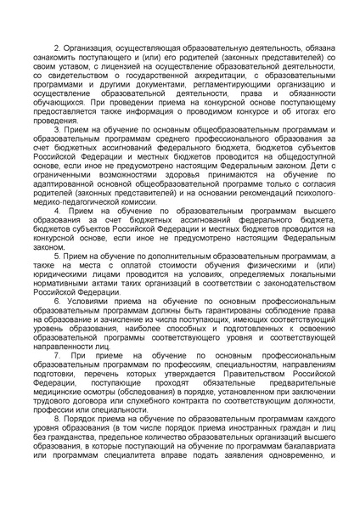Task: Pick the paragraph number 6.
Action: (x=56, y=301)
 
